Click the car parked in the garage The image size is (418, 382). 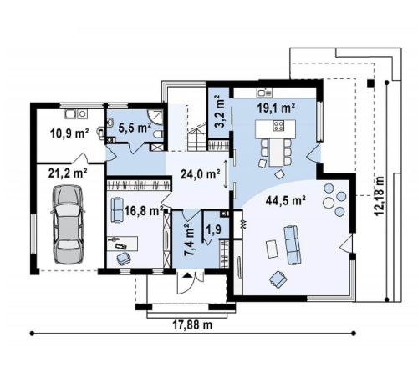(69, 224)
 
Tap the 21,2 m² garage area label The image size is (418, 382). (68, 173)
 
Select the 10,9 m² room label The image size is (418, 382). (69, 133)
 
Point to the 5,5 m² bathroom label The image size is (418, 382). (135, 128)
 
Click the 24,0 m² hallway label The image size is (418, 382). (201, 174)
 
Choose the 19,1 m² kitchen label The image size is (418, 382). (276, 108)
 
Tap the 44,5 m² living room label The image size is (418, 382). (286, 200)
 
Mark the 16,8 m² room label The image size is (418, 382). (144, 211)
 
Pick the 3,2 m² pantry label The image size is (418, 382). (219, 111)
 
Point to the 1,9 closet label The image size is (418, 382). (214, 229)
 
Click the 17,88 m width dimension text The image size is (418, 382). (192, 324)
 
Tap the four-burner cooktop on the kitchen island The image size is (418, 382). (278, 125)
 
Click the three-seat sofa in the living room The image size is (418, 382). (292, 245)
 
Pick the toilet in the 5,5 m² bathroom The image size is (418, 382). (157, 135)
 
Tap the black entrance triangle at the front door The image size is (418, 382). (187, 275)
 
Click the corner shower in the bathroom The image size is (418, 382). (155, 117)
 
